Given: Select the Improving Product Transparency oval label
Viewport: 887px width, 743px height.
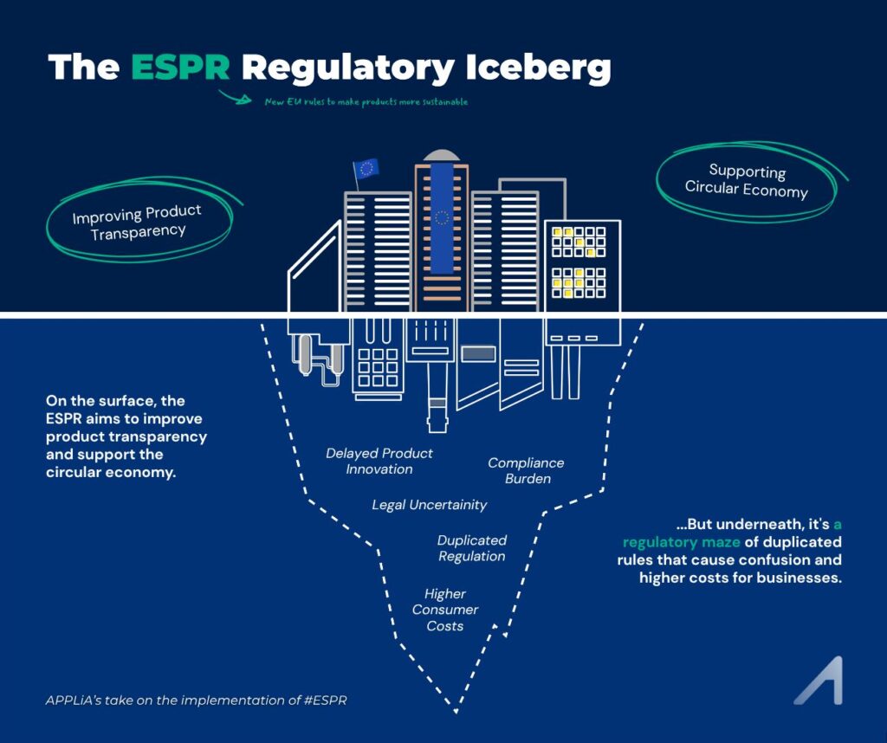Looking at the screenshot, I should [x=137, y=222].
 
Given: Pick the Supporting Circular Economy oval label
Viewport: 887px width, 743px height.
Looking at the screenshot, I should [x=747, y=180].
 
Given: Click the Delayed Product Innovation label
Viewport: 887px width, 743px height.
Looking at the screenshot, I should [x=379, y=461].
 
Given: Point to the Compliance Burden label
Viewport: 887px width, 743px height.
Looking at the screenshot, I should [x=526, y=470].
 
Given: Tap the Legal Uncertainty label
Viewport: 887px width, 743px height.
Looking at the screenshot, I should [x=430, y=505].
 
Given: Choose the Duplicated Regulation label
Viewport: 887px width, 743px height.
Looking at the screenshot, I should [x=472, y=548].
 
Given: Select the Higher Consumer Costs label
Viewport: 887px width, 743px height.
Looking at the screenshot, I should [x=445, y=610].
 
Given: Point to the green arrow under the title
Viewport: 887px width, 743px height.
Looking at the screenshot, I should [x=235, y=96].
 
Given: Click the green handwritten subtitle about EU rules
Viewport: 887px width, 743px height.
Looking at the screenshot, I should [x=366, y=102].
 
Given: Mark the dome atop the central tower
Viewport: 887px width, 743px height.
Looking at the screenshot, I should [x=442, y=155].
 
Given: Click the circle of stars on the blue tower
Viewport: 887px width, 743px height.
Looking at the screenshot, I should [x=443, y=216].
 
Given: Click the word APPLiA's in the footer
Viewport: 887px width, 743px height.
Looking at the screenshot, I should [x=74, y=700].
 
